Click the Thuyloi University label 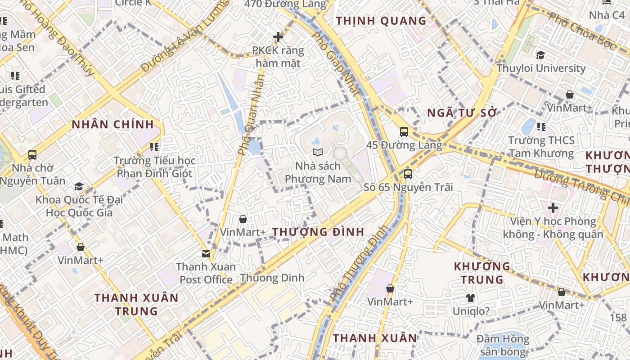(541, 68)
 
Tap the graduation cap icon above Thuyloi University (540, 55)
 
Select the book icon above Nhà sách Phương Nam (318, 153)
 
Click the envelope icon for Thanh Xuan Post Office (206, 253)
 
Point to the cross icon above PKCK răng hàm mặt (278, 37)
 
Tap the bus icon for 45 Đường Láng (404, 132)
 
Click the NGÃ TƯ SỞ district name (462, 113)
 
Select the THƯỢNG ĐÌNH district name (318, 232)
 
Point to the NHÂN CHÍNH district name (112, 124)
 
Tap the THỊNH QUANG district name (381, 21)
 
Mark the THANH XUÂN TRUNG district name (136, 304)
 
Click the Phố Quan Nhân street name (252, 115)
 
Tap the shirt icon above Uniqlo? (471, 298)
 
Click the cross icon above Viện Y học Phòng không (553, 208)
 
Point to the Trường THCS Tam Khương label (541, 147)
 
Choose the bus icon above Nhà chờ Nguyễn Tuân (32, 155)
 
